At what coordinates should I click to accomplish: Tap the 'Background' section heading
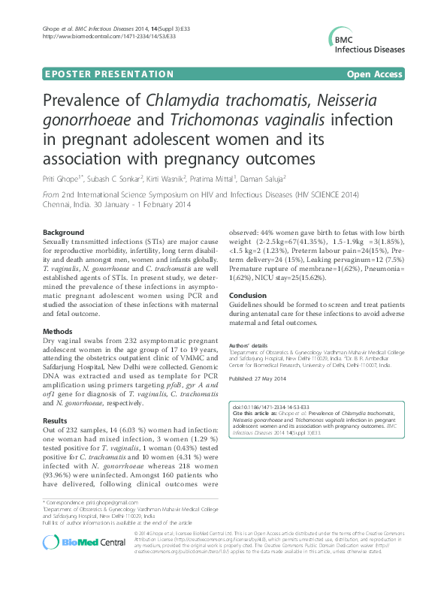[63, 233]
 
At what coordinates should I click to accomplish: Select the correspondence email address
[110, 501]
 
